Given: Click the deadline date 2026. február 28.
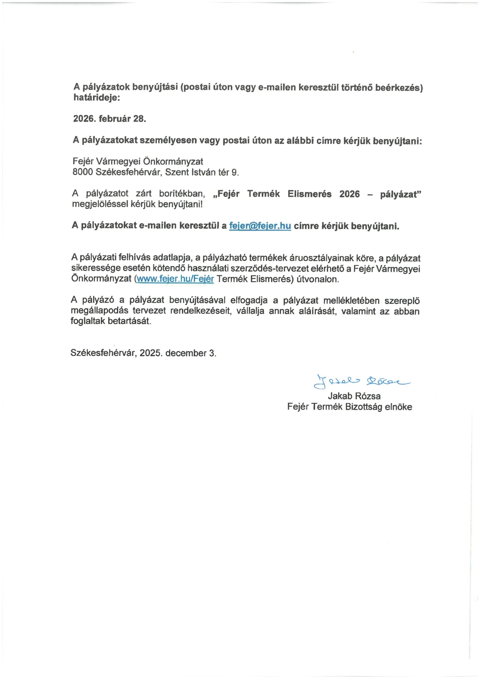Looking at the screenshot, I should coord(110,119).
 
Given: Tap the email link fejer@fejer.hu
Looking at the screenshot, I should coord(260,226).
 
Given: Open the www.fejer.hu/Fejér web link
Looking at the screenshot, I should coord(175,279).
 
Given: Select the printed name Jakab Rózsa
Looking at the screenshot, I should coord(354,396).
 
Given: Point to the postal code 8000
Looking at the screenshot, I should coord(82,172).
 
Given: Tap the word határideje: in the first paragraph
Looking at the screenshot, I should coord(97,98).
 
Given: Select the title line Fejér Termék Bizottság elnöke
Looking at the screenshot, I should coord(350,407).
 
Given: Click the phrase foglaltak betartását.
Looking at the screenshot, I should coord(111,321).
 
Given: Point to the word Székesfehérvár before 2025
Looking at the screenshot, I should coord(103,353).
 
